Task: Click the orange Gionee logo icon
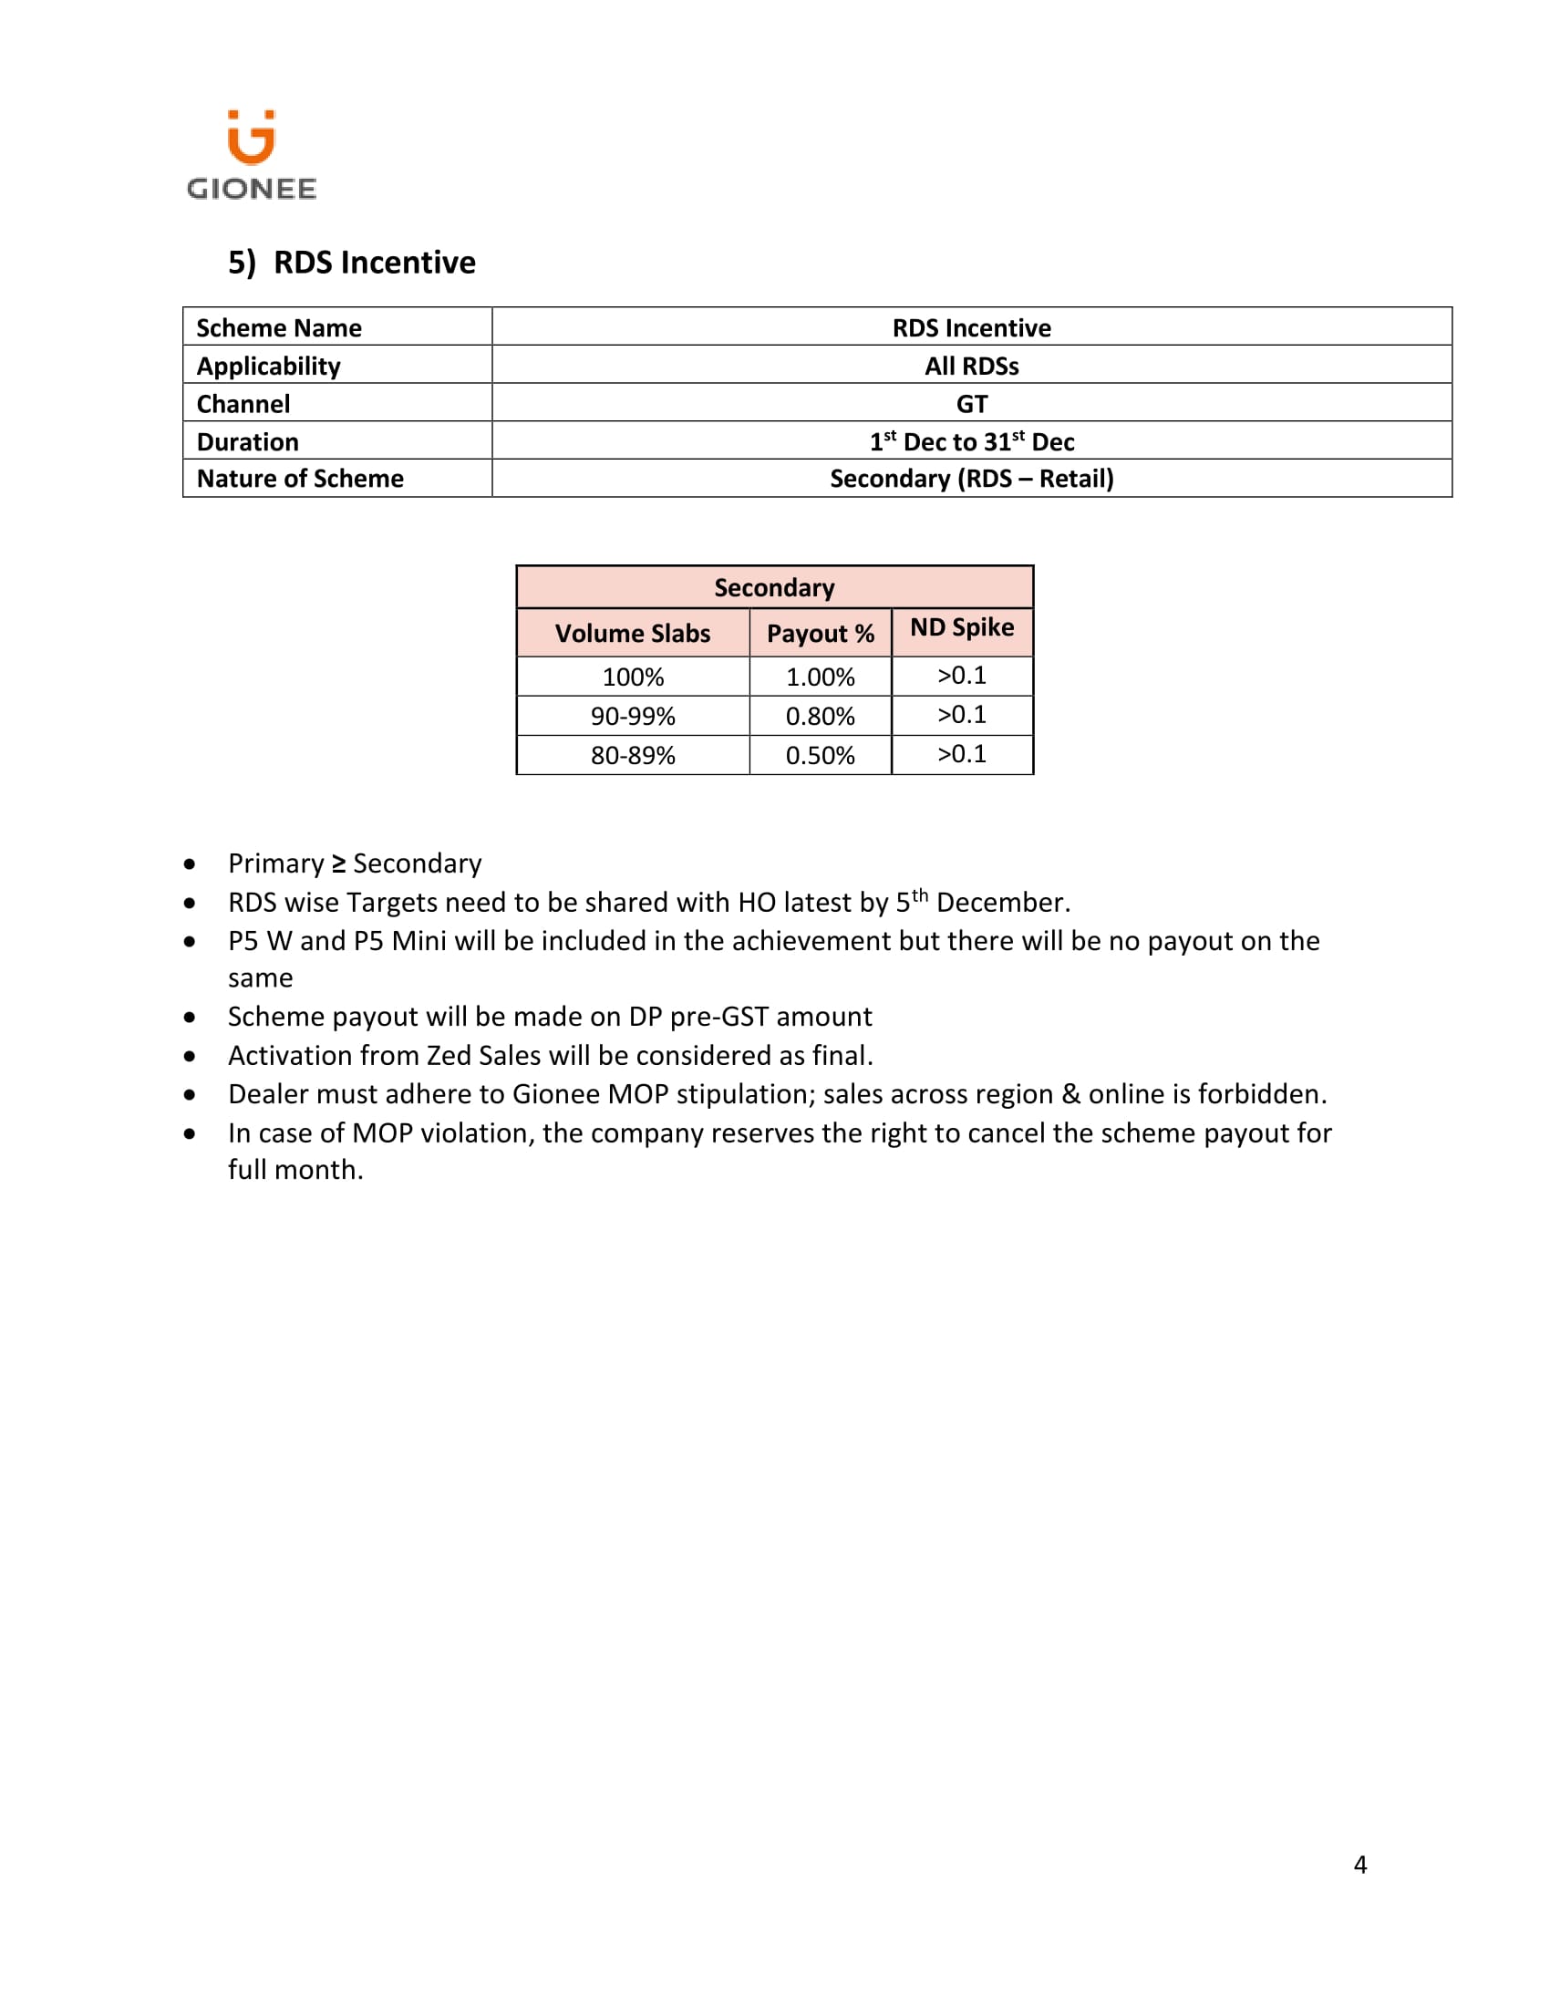click(251, 138)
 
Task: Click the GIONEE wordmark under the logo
click(252, 190)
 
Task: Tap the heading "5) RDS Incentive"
click(352, 263)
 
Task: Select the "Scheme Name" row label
click(279, 328)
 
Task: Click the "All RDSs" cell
click(972, 366)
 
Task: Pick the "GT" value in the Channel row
click(972, 404)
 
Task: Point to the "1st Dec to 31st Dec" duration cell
click(972, 442)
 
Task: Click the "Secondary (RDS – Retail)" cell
click(972, 479)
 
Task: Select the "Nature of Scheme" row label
click(300, 479)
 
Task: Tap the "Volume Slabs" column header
click(633, 633)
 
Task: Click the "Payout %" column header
click(820, 633)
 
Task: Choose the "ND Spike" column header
click(961, 627)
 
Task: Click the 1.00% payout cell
click(820, 677)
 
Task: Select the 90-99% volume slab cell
click(633, 716)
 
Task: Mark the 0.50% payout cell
click(820, 755)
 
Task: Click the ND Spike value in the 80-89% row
click(961, 754)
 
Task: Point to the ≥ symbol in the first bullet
click(339, 863)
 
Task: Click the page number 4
click(1360, 1865)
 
